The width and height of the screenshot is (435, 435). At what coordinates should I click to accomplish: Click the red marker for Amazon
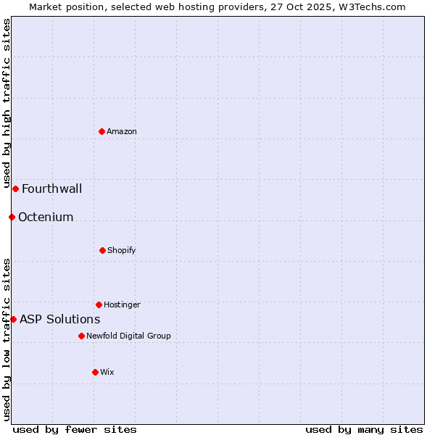(101, 131)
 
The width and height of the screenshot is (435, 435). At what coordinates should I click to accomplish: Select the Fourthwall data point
(15, 188)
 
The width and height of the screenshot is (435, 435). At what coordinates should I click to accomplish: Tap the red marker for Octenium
(12, 217)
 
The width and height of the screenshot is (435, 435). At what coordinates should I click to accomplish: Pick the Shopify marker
(102, 250)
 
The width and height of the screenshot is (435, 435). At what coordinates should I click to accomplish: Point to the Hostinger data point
(99, 304)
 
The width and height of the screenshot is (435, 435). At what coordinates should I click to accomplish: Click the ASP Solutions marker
(13, 319)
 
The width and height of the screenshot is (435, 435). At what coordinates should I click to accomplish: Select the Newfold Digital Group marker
(81, 336)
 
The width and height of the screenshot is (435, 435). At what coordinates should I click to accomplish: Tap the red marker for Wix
(95, 372)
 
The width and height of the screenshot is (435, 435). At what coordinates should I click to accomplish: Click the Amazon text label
(122, 131)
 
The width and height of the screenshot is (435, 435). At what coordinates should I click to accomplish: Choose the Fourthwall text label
(51, 189)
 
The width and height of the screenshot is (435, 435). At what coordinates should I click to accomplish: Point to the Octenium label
(46, 217)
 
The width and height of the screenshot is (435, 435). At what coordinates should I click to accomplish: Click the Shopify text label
(122, 250)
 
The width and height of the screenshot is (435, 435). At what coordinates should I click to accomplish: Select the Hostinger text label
(122, 304)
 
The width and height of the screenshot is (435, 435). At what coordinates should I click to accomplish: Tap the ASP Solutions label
(59, 320)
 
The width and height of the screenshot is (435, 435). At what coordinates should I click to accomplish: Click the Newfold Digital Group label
(128, 336)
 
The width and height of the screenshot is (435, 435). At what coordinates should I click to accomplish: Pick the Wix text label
(107, 372)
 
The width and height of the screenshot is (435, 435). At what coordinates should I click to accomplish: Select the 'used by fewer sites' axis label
(75, 429)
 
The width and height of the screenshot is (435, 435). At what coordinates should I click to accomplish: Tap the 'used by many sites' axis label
(364, 429)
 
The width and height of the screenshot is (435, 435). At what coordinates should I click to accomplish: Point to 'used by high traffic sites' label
(7, 103)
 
